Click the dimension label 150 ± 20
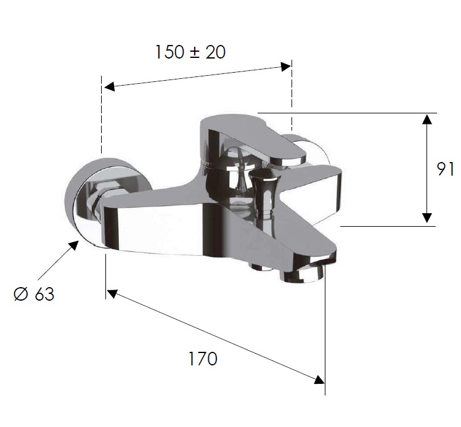click(190, 52)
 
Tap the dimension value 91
click(445, 169)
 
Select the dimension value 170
click(203, 359)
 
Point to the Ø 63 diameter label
click(34, 294)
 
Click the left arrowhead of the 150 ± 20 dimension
click(109, 86)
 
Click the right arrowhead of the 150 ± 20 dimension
click(286, 67)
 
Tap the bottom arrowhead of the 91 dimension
click(427, 218)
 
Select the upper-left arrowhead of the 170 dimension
click(112, 294)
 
